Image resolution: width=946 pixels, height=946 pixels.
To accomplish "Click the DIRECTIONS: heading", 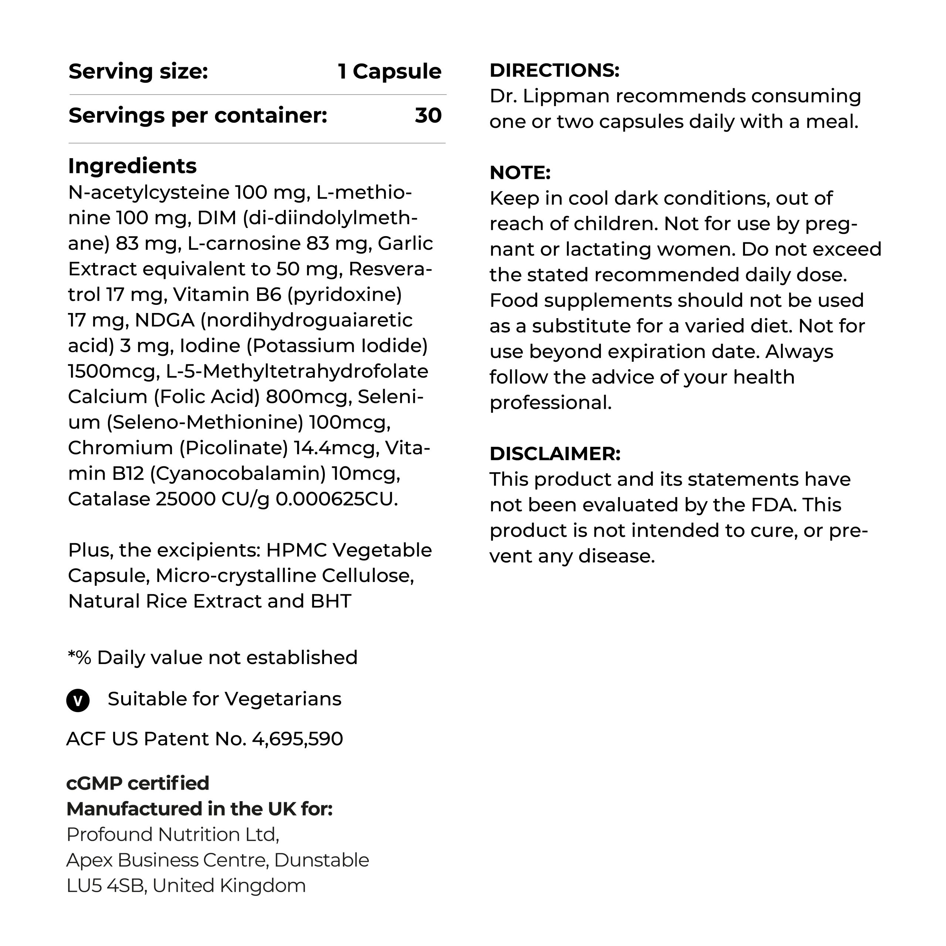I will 554,71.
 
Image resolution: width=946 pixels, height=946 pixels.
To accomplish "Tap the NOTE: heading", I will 520,173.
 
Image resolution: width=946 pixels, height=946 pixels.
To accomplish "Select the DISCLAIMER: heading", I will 555,454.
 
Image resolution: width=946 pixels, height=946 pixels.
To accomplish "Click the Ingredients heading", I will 132,166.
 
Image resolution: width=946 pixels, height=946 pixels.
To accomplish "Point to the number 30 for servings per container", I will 428,116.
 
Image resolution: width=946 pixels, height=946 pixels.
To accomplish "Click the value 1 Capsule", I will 390,71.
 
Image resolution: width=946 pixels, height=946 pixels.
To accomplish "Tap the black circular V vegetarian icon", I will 78,701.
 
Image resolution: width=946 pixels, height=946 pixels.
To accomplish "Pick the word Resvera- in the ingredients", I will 390,269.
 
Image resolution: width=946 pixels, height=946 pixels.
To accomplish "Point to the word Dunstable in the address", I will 321,860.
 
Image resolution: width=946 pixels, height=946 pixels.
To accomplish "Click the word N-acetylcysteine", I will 149,193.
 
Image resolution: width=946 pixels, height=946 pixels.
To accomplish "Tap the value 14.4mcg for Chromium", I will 336,448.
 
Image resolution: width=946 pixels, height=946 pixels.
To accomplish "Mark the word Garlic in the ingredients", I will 405,244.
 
